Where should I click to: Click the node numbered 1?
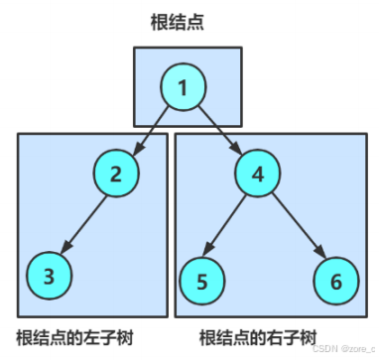point(183,88)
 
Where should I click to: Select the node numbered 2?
point(116,175)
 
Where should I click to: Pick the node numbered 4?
point(258,175)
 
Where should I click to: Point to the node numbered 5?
point(202,282)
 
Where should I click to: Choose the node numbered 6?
point(334,281)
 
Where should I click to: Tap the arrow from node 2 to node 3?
point(81,224)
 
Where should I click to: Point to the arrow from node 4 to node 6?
point(296,227)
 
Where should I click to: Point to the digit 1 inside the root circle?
point(183,88)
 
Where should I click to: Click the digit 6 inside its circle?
point(334,281)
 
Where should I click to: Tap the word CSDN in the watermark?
point(324,348)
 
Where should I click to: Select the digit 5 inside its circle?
point(202,282)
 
